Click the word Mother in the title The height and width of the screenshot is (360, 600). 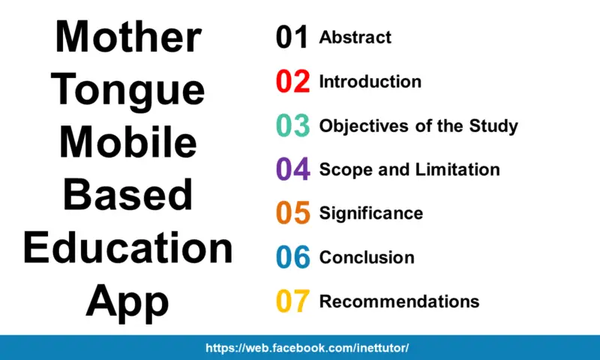pyautogui.click(x=128, y=38)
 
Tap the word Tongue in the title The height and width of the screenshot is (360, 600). pyautogui.click(x=128, y=91)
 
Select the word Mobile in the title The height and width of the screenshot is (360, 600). pyautogui.click(x=128, y=143)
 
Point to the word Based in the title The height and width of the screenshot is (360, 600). pyautogui.click(x=128, y=196)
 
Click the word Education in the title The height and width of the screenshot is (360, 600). pyautogui.click(x=128, y=248)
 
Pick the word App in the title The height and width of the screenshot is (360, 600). pyautogui.click(x=128, y=301)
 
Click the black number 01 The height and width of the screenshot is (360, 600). pyautogui.click(x=292, y=37)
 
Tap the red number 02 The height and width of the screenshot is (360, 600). pyautogui.click(x=292, y=82)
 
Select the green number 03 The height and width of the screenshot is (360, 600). pyautogui.click(x=292, y=126)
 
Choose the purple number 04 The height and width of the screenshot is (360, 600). pyautogui.click(x=292, y=169)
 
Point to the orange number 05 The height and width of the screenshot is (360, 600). pyautogui.click(x=292, y=214)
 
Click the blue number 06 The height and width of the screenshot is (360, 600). pyautogui.click(x=292, y=257)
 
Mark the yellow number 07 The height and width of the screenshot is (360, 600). pyautogui.click(x=292, y=301)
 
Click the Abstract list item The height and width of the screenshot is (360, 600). pyautogui.click(x=355, y=37)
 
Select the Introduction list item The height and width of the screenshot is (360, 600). pyautogui.click(x=370, y=81)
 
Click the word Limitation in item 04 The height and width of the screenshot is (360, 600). pyautogui.click(x=459, y=169)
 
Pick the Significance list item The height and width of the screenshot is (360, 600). pyautogui.click(x=370, y=213)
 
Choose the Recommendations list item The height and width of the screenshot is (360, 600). pyautogui.click(x=399, y=301)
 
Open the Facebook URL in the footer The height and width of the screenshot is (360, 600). pyautogui.click(x=307, y=349)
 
